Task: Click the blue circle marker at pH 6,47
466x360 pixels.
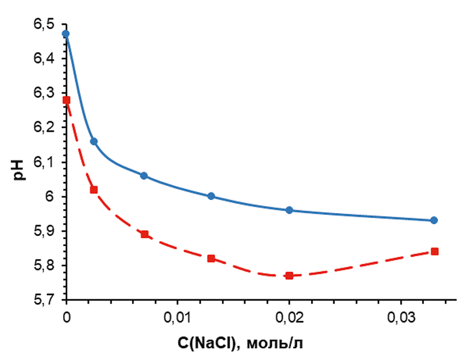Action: point(66,34)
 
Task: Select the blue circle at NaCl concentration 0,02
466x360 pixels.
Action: point(289,210)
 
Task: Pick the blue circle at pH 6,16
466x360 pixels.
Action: point(94,141)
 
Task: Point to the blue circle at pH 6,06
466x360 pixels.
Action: point(143,176)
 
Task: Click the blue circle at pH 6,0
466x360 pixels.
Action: point(211,196)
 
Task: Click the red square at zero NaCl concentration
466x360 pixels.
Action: point(66,100)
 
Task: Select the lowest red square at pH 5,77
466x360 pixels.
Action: point(289,276)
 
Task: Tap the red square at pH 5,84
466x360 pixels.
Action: point(434,252)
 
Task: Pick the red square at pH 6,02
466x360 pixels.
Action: point(94,189)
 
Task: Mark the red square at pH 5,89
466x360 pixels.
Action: point(144,234)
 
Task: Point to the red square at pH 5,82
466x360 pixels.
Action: point(211,259)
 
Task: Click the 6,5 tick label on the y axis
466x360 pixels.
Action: point(44,24)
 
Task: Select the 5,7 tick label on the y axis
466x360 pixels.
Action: point(44,300)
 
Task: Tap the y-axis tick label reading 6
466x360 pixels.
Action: point(51,197)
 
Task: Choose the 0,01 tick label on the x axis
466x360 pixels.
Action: point(178,318)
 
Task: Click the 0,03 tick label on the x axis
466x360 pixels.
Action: point(400,318)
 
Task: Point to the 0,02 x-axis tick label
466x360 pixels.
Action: point(289,318)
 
